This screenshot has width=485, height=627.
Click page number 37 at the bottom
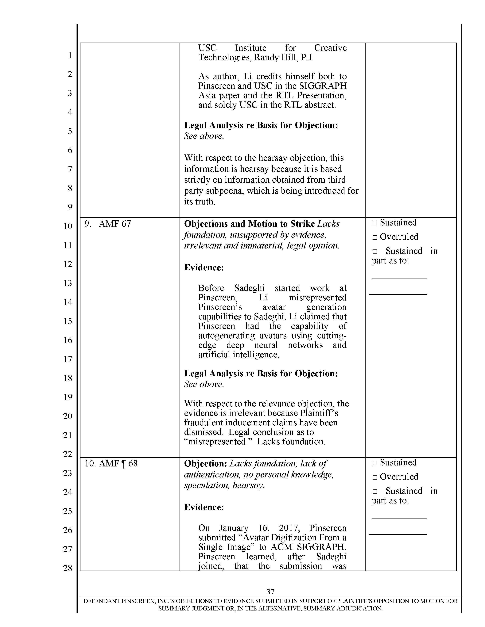(x=270, y=591)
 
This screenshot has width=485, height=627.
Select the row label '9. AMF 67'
(x=108, y=224)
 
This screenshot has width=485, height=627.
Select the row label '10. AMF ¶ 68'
(x=111, y=464)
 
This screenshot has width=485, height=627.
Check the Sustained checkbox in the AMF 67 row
(x=375, y=223)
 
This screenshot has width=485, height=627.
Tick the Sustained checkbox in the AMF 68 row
(x=375, y=463)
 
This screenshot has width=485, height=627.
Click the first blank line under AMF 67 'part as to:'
(x=399, y=279)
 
